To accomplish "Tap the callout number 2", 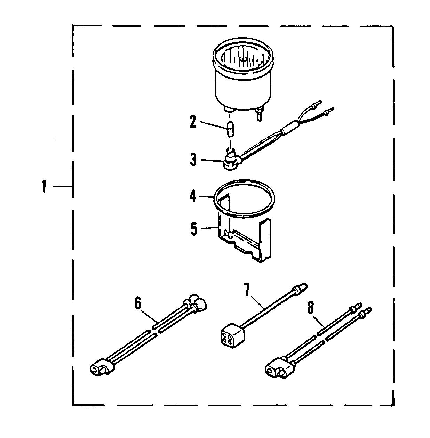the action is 193,121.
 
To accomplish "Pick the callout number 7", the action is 247,290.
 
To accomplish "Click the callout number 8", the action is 310,307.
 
